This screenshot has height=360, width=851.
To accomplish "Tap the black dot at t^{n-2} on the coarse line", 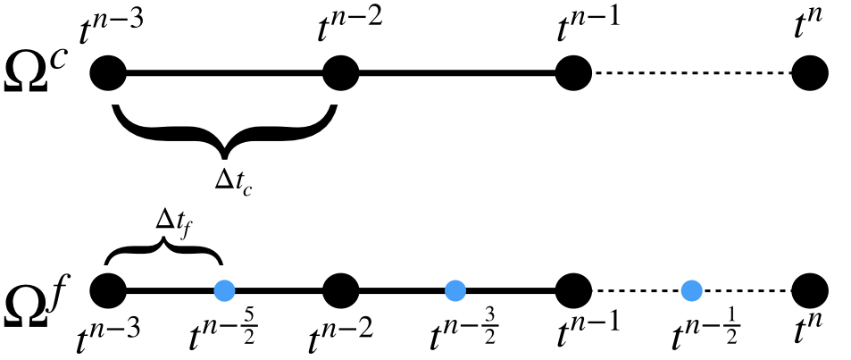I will [339, 72].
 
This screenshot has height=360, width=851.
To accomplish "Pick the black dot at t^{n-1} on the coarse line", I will [572, 72].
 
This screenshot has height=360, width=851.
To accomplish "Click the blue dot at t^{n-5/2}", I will [224, 289].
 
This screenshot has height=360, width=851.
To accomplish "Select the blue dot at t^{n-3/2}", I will [456, 289].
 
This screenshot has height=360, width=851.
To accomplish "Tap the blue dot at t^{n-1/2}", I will [689, 289].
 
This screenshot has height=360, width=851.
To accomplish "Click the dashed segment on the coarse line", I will [692, 72].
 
